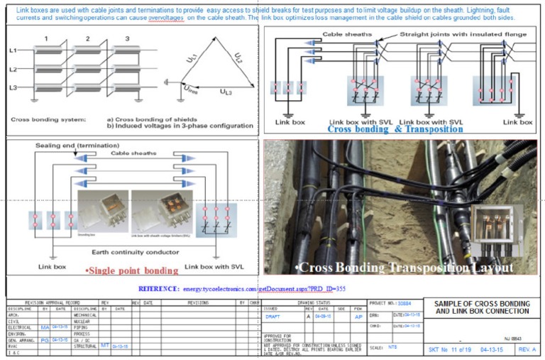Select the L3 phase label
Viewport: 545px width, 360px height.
click(x=12, y=87)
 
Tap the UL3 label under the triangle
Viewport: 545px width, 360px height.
click(x=225, y=92)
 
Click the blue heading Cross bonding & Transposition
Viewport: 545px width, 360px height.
click(x=392, y=130)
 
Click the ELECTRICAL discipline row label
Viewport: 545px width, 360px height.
click(x=20, y=327)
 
